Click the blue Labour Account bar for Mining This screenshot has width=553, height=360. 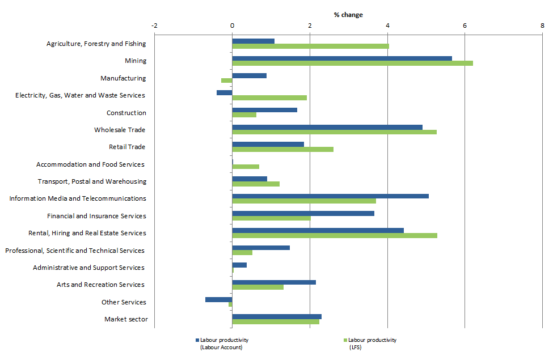click(341, 58)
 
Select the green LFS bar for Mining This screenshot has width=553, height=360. click(352, 63)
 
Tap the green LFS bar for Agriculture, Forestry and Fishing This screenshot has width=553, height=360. click(310, 46)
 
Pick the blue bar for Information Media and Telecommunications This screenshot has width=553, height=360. click(330, 196)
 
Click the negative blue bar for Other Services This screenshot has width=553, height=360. click(219, 299)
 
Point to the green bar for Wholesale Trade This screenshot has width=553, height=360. click(334, 132)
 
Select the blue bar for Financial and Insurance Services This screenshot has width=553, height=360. click(303, 213)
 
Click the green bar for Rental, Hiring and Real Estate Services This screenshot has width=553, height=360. click(335, 235)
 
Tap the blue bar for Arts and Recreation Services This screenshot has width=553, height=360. click(274, 282)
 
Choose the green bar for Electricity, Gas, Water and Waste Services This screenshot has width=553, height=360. click(269, 98)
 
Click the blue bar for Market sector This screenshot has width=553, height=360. click(277, 316)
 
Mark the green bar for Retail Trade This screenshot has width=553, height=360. click(282, 149)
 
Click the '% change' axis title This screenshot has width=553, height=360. click(348, 15)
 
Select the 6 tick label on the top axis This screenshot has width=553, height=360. click(465, 26)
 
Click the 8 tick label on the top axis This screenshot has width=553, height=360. click(542, 26)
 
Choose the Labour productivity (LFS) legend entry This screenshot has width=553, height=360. click(372, 344)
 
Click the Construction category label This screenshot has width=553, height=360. click(126, 113)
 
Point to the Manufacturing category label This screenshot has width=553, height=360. click(123, 78)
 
